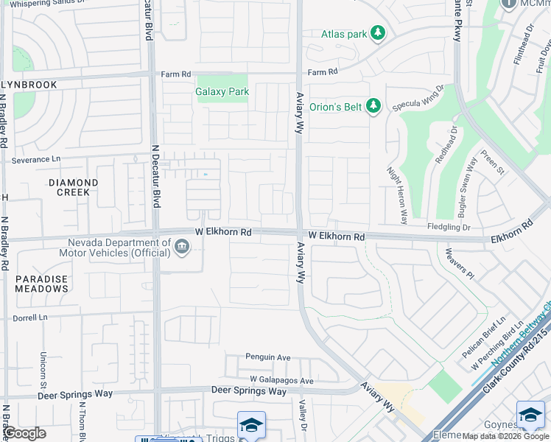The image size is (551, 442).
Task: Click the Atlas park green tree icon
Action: (x=378, y=33)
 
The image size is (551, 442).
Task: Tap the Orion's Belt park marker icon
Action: (x=373, y=107)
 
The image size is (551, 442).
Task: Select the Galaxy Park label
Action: (x=222, y=92)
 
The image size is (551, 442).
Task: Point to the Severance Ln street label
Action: (x=36, y=160)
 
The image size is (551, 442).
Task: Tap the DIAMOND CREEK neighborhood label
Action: (x=73, y=187)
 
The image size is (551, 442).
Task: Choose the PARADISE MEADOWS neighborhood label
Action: (x=42, y=284)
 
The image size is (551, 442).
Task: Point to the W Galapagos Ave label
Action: (x=281, y=380)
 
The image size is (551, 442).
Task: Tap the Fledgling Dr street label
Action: (x=449, y=228)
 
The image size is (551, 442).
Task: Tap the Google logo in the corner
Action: (x=25, y=433)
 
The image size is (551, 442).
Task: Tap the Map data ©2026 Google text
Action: (x=505, y=436)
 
